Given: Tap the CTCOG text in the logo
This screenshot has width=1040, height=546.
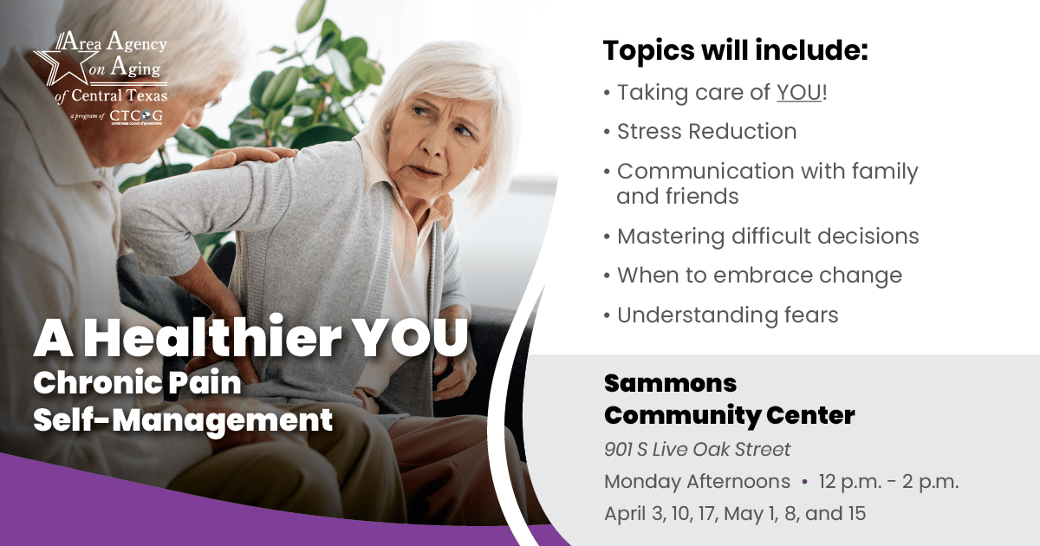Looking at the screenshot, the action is coord(137,115).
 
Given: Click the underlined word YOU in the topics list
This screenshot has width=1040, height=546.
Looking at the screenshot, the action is coord(798,93).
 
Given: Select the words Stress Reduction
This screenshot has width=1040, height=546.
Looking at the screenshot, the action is coord(706,132).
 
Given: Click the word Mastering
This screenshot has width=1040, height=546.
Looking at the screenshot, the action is coord(671,237).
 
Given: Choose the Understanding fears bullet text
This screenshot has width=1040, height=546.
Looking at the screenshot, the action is coord(727,315).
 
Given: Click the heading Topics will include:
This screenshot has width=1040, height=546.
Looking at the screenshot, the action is coord(735,50).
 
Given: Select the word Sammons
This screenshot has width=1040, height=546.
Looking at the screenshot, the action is coord(670,383).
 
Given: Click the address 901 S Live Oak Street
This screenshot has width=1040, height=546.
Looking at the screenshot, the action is coord(697,449).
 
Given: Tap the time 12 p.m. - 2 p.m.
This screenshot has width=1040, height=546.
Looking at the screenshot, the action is coord(888,482).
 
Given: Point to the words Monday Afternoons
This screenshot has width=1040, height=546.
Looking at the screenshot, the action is coord(697,482).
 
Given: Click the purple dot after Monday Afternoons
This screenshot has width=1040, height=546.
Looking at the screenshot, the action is coord(804,482).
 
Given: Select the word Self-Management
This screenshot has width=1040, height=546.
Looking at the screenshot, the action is coord(183,420).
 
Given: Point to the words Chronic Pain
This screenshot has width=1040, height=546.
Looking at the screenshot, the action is coord(137,382).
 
